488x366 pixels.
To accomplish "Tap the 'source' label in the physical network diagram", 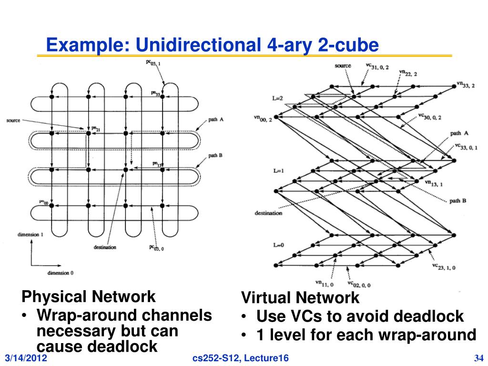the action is pos(13,121).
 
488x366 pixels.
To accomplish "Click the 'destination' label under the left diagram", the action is pos(105,247).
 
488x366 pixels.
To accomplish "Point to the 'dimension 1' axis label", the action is pos(30,234).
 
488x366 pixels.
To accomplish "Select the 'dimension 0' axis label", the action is pos(61,273).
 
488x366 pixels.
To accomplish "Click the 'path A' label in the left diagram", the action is pos(216,120).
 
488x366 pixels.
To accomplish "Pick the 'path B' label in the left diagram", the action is pos(216,155).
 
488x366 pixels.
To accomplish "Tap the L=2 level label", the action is pos(278,98).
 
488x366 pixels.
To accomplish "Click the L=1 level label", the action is pos(278,170).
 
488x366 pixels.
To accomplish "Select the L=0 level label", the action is pos(278,245).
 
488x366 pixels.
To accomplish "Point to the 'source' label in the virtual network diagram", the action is pos(343,66).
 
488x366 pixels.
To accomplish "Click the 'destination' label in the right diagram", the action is pos(268,213).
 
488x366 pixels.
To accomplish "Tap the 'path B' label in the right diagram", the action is pos(458,201).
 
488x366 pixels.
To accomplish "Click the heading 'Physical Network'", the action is pos(88,297).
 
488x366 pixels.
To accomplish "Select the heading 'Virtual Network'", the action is pos(300,298).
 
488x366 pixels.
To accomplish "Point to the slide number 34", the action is pos(479,358).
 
